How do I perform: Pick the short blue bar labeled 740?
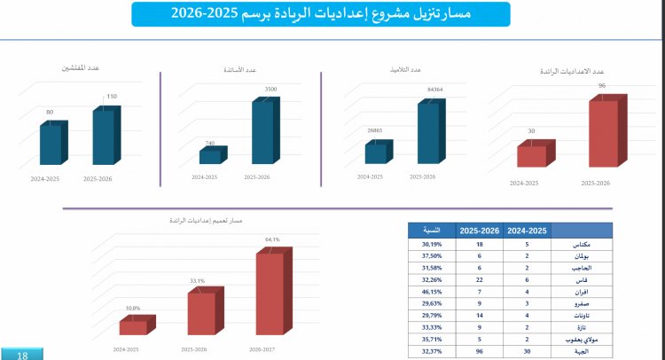(x=210, y=157)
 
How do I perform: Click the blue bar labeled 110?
(x=104, y=137)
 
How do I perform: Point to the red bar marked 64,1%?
(x=270, y=293)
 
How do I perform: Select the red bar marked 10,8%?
(x=133, y=327)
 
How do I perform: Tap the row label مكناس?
(x=583, y=244)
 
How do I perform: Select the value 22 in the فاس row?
(x=479, y=278)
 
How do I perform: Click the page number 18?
(x=21, y=355)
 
